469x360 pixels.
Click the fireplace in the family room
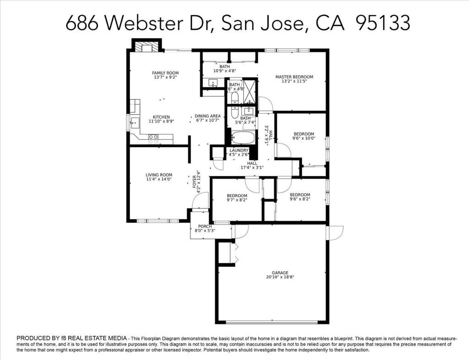tap(147, 46)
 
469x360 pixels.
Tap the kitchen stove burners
tap(153, 136)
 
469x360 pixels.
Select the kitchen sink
tap(135, 122)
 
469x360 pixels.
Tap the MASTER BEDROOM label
tap(294, 77)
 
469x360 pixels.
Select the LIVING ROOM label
tap(159, 175)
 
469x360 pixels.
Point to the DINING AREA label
tap(207, 116)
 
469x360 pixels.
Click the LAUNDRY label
tap(239, 150)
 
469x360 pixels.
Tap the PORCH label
tap(205, 226)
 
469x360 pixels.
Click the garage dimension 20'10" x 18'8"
tap(273, 277)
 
